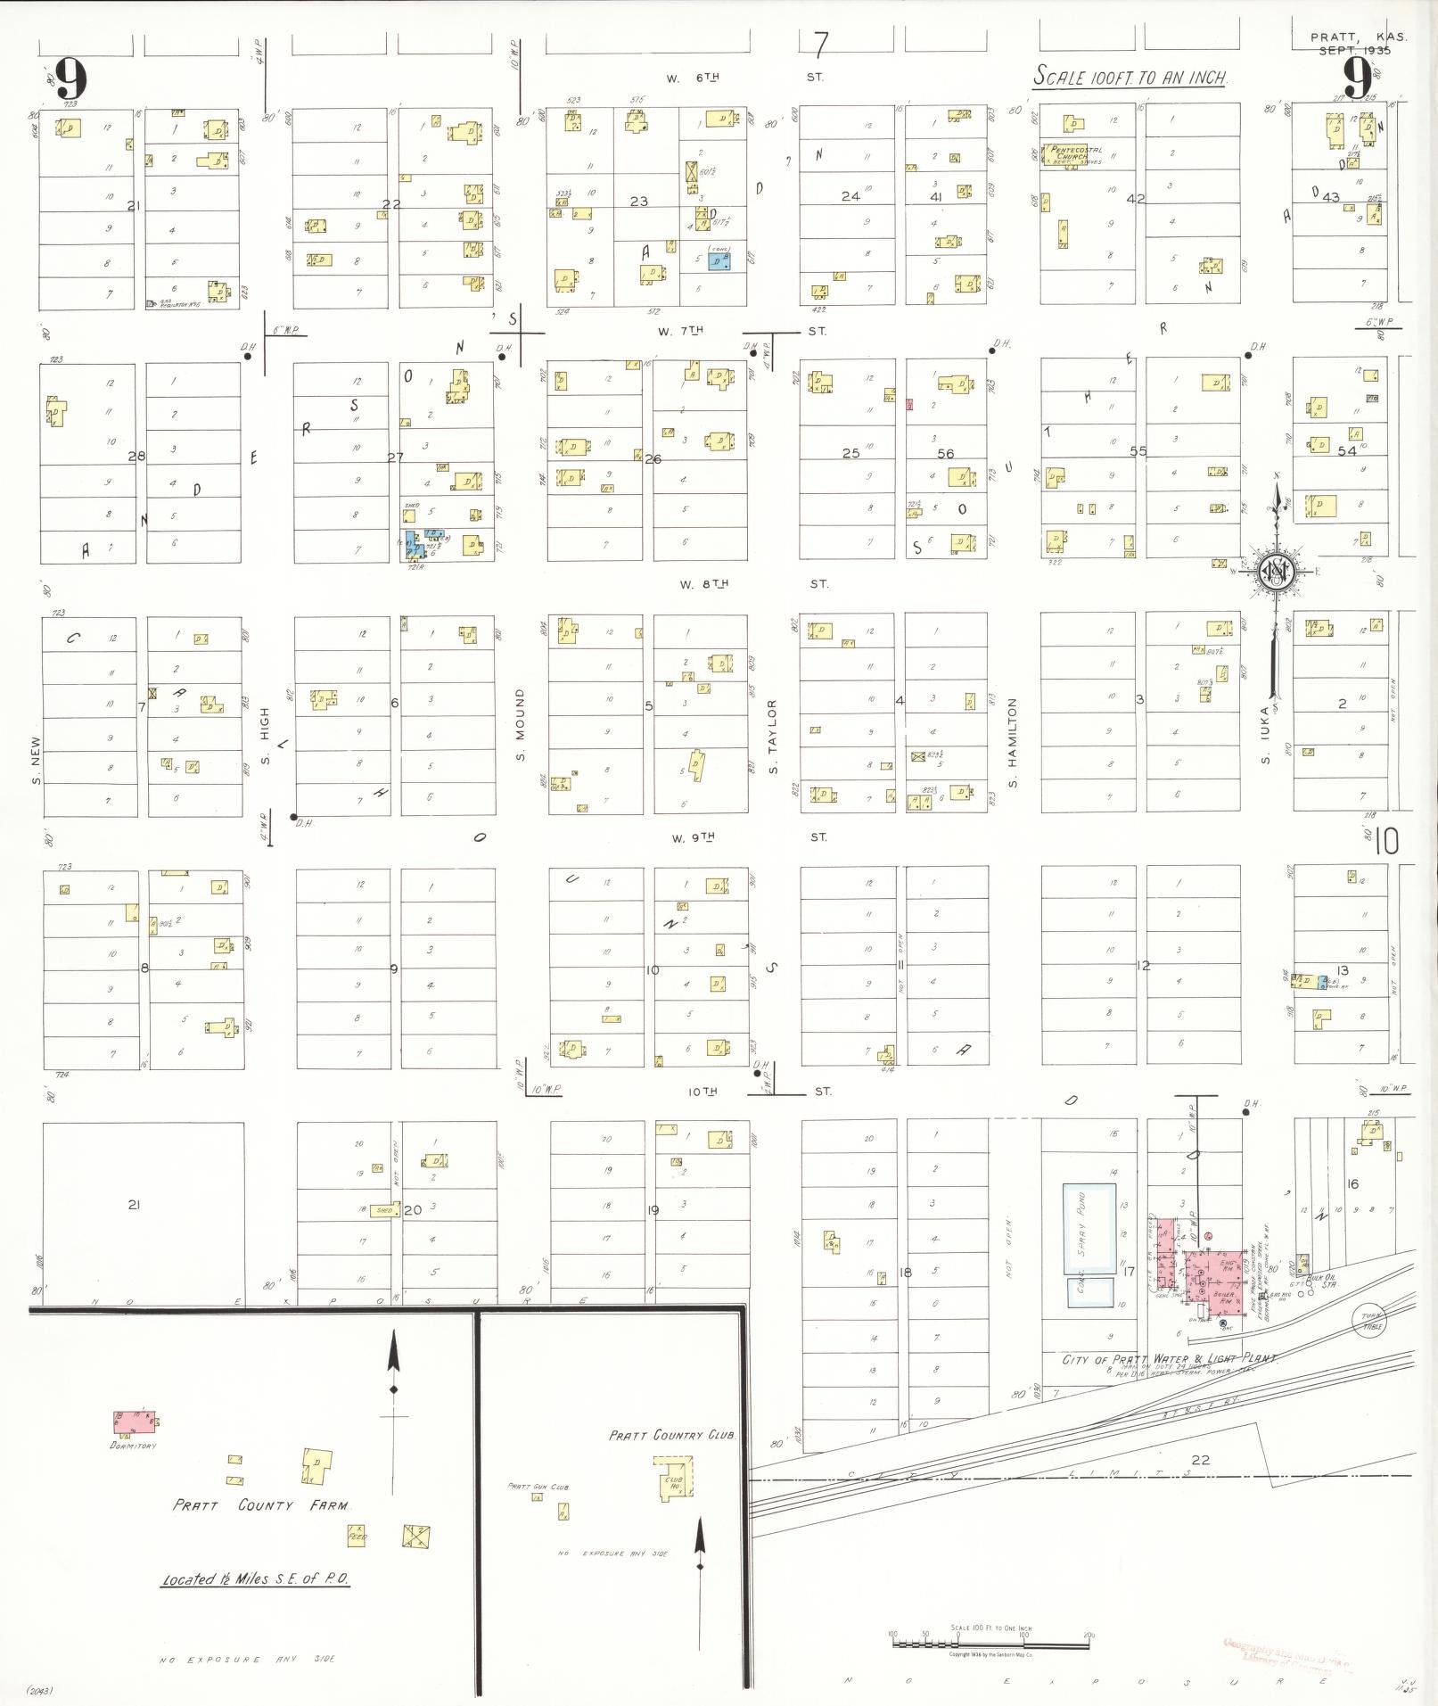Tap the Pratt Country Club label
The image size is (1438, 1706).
point(673,1436)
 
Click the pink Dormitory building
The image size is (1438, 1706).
point(134,1421)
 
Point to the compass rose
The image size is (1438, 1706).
point(1276,571)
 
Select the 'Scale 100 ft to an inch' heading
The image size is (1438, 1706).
point(1130,78)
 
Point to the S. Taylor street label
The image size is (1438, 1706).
point(773,737)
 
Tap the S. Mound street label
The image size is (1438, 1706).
point(520,725)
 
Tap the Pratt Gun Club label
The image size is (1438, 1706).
point(538,1487)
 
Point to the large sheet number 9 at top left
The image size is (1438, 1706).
point(70,80)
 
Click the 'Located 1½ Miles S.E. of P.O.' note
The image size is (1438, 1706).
point(256,1579)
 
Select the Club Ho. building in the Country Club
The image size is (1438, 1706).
point(673,1479)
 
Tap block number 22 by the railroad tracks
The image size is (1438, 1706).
point(1201,1459)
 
